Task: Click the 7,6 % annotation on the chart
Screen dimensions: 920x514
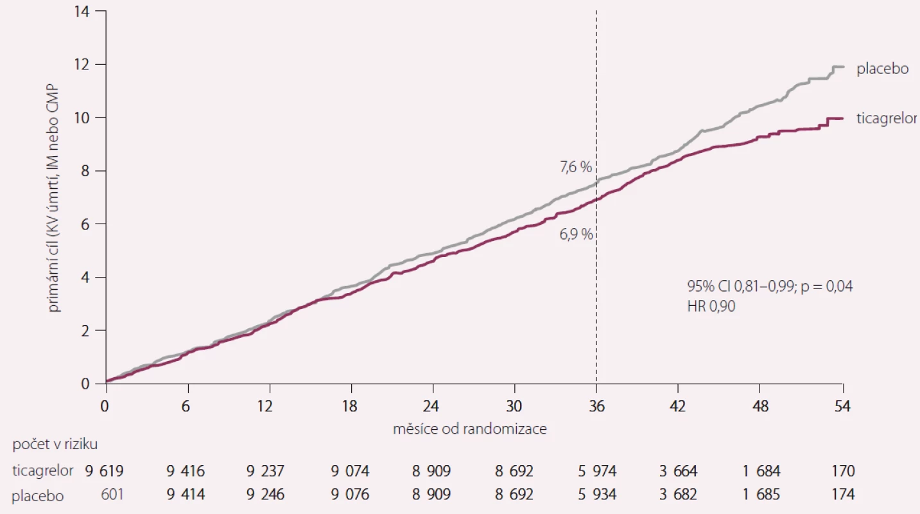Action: coord(576,167)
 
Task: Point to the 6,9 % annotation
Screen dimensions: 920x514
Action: coord(576,235)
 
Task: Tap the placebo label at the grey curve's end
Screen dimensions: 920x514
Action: coord(883,69)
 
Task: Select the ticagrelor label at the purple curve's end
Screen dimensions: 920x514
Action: coord(887,118)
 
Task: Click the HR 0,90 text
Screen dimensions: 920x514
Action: coord(711,306)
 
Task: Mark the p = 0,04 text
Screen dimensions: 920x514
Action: coord(827,287)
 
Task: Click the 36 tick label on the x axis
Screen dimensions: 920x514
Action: coord(596,406)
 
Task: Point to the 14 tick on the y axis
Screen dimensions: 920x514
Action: coord(82,12)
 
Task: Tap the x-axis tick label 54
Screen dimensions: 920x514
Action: coord(842,406)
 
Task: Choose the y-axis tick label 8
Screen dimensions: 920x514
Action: coord(85,170)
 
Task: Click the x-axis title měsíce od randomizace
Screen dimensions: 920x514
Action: coord(470,429)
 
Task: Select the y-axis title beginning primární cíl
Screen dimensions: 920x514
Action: coord(54,198)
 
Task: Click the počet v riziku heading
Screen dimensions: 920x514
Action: coord(55,445)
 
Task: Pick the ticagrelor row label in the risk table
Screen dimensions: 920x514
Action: coord(43,471)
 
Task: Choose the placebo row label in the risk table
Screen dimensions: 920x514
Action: coord(38,496)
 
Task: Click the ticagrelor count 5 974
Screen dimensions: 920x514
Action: coord(597,471)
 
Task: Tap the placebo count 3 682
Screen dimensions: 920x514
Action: coord(678,494)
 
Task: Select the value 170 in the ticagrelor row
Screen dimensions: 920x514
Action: coord(843,471)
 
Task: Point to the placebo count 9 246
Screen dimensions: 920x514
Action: coord(265,494)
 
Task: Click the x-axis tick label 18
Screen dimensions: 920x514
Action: coord(349,406)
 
